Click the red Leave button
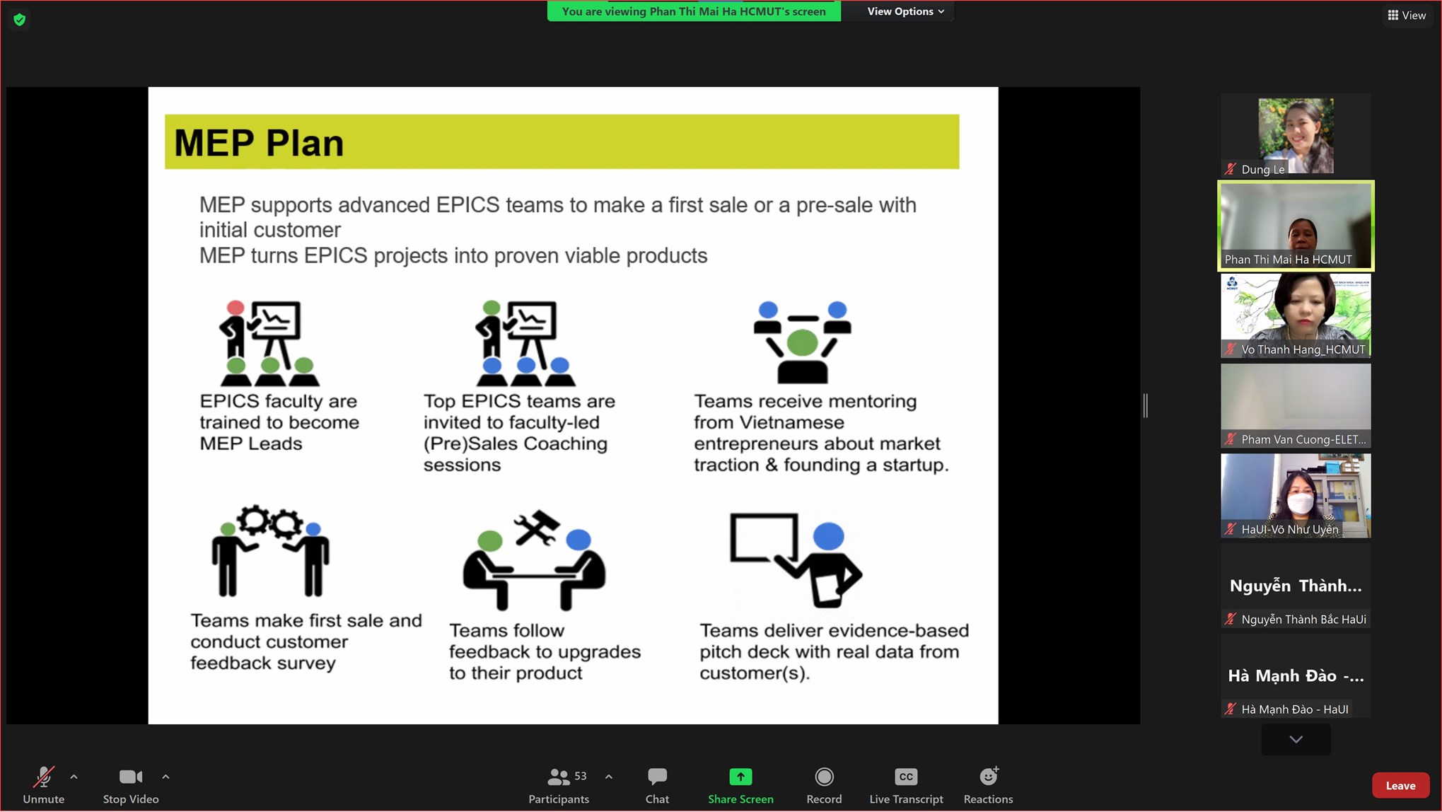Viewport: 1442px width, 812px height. (1400, 785)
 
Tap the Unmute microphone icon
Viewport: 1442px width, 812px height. (44, 777)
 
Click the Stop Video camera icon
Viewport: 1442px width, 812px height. (131, 777)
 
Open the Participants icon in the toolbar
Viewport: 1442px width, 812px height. (558, 777)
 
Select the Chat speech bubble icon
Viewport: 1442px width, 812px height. (657, 777)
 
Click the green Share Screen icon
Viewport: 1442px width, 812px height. (740, 777)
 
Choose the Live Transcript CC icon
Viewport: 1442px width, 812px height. (906, 777)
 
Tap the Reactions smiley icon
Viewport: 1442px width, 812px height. (989, 776)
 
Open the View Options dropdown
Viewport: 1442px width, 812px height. (906, 11)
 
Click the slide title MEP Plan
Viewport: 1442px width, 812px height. (259, 143)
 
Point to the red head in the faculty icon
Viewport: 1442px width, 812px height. (236, 308)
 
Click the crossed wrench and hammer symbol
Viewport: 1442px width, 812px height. (537, 528)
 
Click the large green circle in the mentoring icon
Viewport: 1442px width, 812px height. (802, 343)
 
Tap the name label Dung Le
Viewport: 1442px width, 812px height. (1263, 169)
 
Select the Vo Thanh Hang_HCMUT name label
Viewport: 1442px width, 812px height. (1303, 349)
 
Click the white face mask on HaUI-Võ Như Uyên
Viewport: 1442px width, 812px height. (1301, 504)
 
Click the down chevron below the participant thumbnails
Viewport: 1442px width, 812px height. (1296, 739)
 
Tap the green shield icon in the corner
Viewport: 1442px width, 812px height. (20, 19)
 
